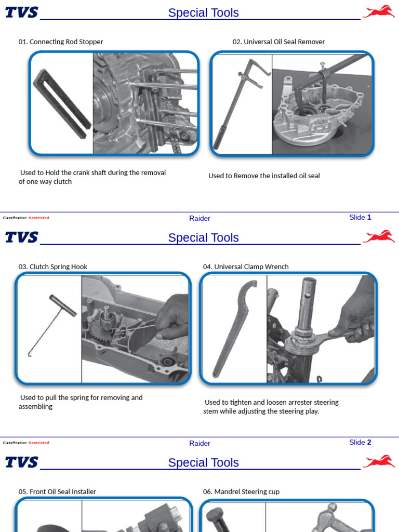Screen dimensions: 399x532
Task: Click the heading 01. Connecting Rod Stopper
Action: [61, 42]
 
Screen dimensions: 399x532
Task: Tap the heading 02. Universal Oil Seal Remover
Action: [278, 42]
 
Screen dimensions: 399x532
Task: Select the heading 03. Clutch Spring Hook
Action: [53, 267]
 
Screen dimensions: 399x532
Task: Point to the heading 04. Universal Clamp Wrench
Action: [246, 267]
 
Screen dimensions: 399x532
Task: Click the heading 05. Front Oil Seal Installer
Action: [57, 491]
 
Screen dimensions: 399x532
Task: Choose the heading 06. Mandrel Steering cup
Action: [241, 491]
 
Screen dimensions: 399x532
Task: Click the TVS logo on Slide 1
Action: [21, 12]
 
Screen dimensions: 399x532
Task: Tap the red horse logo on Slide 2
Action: [379, 236]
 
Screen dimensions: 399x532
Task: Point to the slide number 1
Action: [369, 217]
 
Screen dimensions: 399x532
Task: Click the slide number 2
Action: [369, 442]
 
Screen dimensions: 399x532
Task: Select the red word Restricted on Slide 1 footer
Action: [39, 218]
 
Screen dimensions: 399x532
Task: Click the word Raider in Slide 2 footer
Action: [200, 443]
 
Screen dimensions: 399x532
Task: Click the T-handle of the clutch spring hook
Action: [63, 305]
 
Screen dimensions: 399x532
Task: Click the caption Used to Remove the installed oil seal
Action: [264, 176]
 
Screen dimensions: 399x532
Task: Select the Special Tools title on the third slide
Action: [204, 462]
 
